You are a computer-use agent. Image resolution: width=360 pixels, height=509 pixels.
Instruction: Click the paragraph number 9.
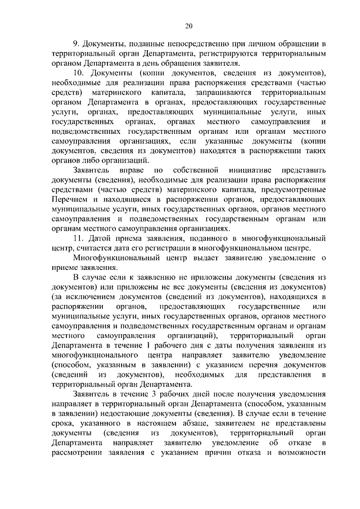76,43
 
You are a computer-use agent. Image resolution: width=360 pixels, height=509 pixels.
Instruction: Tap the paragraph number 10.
79,74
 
